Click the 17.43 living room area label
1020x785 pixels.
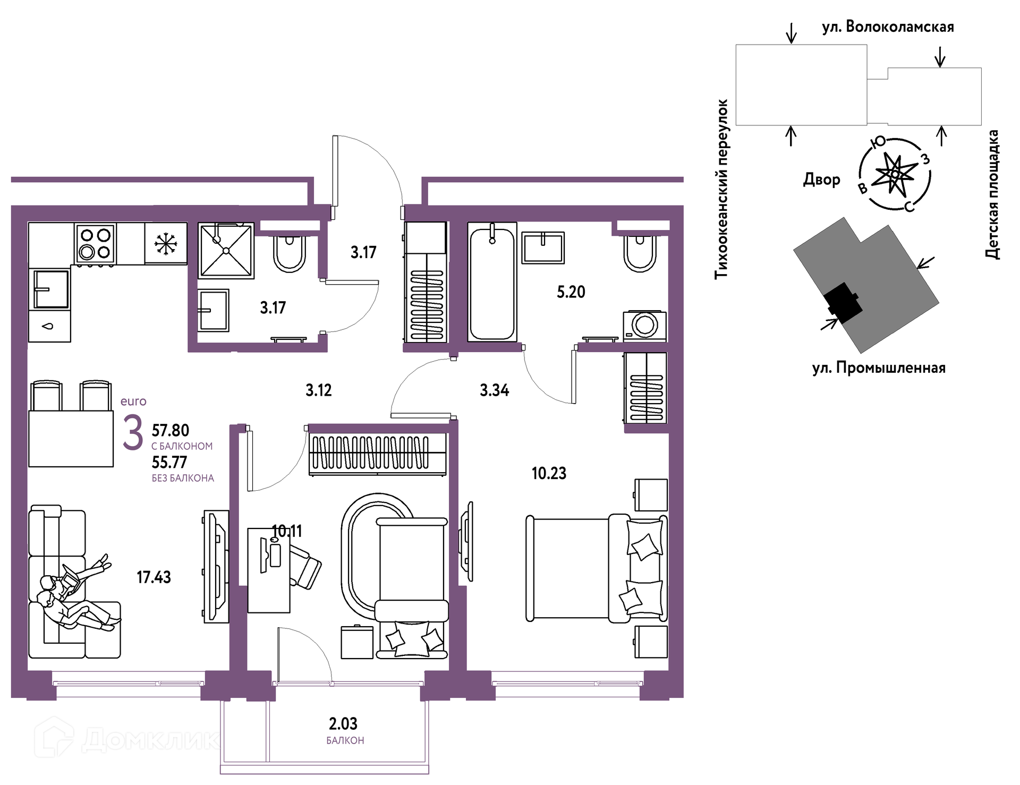click(x=154, y=577)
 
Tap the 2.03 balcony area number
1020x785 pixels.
click(x=343, y=723)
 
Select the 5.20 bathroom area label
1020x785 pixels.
click(x=571, y=292)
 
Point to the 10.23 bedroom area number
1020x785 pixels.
click(x=549, y=473)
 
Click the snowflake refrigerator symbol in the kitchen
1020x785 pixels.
click(x=166, y=243)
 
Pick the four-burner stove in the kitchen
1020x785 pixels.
click(x=95, y=243)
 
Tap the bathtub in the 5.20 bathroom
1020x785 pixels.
click(x=492, y=281)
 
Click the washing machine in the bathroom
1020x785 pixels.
click(x=645, y=326)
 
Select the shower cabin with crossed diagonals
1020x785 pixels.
click(x=226, y=250)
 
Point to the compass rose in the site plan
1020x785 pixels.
click(x=895, y=174)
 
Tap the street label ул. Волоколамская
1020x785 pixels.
click(x=888, y=27)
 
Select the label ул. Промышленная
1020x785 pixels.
click(x=879, y=368)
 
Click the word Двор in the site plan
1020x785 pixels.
click(x=821, y=180)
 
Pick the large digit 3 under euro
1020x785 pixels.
click(x=133, y=432)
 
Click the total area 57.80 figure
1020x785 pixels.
click(x=171, y=430)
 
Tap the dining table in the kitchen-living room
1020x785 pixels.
click(x=71, y=439)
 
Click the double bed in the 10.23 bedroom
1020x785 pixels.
click(x=597, y=568)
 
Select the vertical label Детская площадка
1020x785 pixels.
click(x=992, y=194)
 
